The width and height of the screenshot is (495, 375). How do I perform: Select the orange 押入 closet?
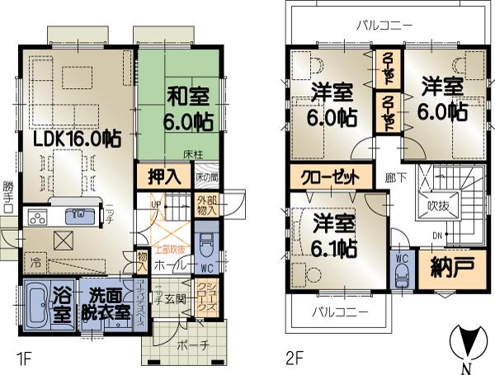164,176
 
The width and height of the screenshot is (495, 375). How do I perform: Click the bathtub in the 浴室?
36,306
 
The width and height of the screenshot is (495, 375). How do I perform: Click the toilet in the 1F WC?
206,244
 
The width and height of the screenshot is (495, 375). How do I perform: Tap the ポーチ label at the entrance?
190,344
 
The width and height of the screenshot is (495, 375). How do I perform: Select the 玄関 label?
175,299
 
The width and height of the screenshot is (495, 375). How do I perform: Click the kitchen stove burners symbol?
39,218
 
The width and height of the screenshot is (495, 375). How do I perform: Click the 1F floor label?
21,359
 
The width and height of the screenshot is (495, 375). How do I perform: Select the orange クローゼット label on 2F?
329,177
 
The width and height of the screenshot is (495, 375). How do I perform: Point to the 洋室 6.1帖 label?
335,234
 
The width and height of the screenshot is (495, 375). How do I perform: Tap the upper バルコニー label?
384,26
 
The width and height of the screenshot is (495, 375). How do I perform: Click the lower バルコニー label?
340,312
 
